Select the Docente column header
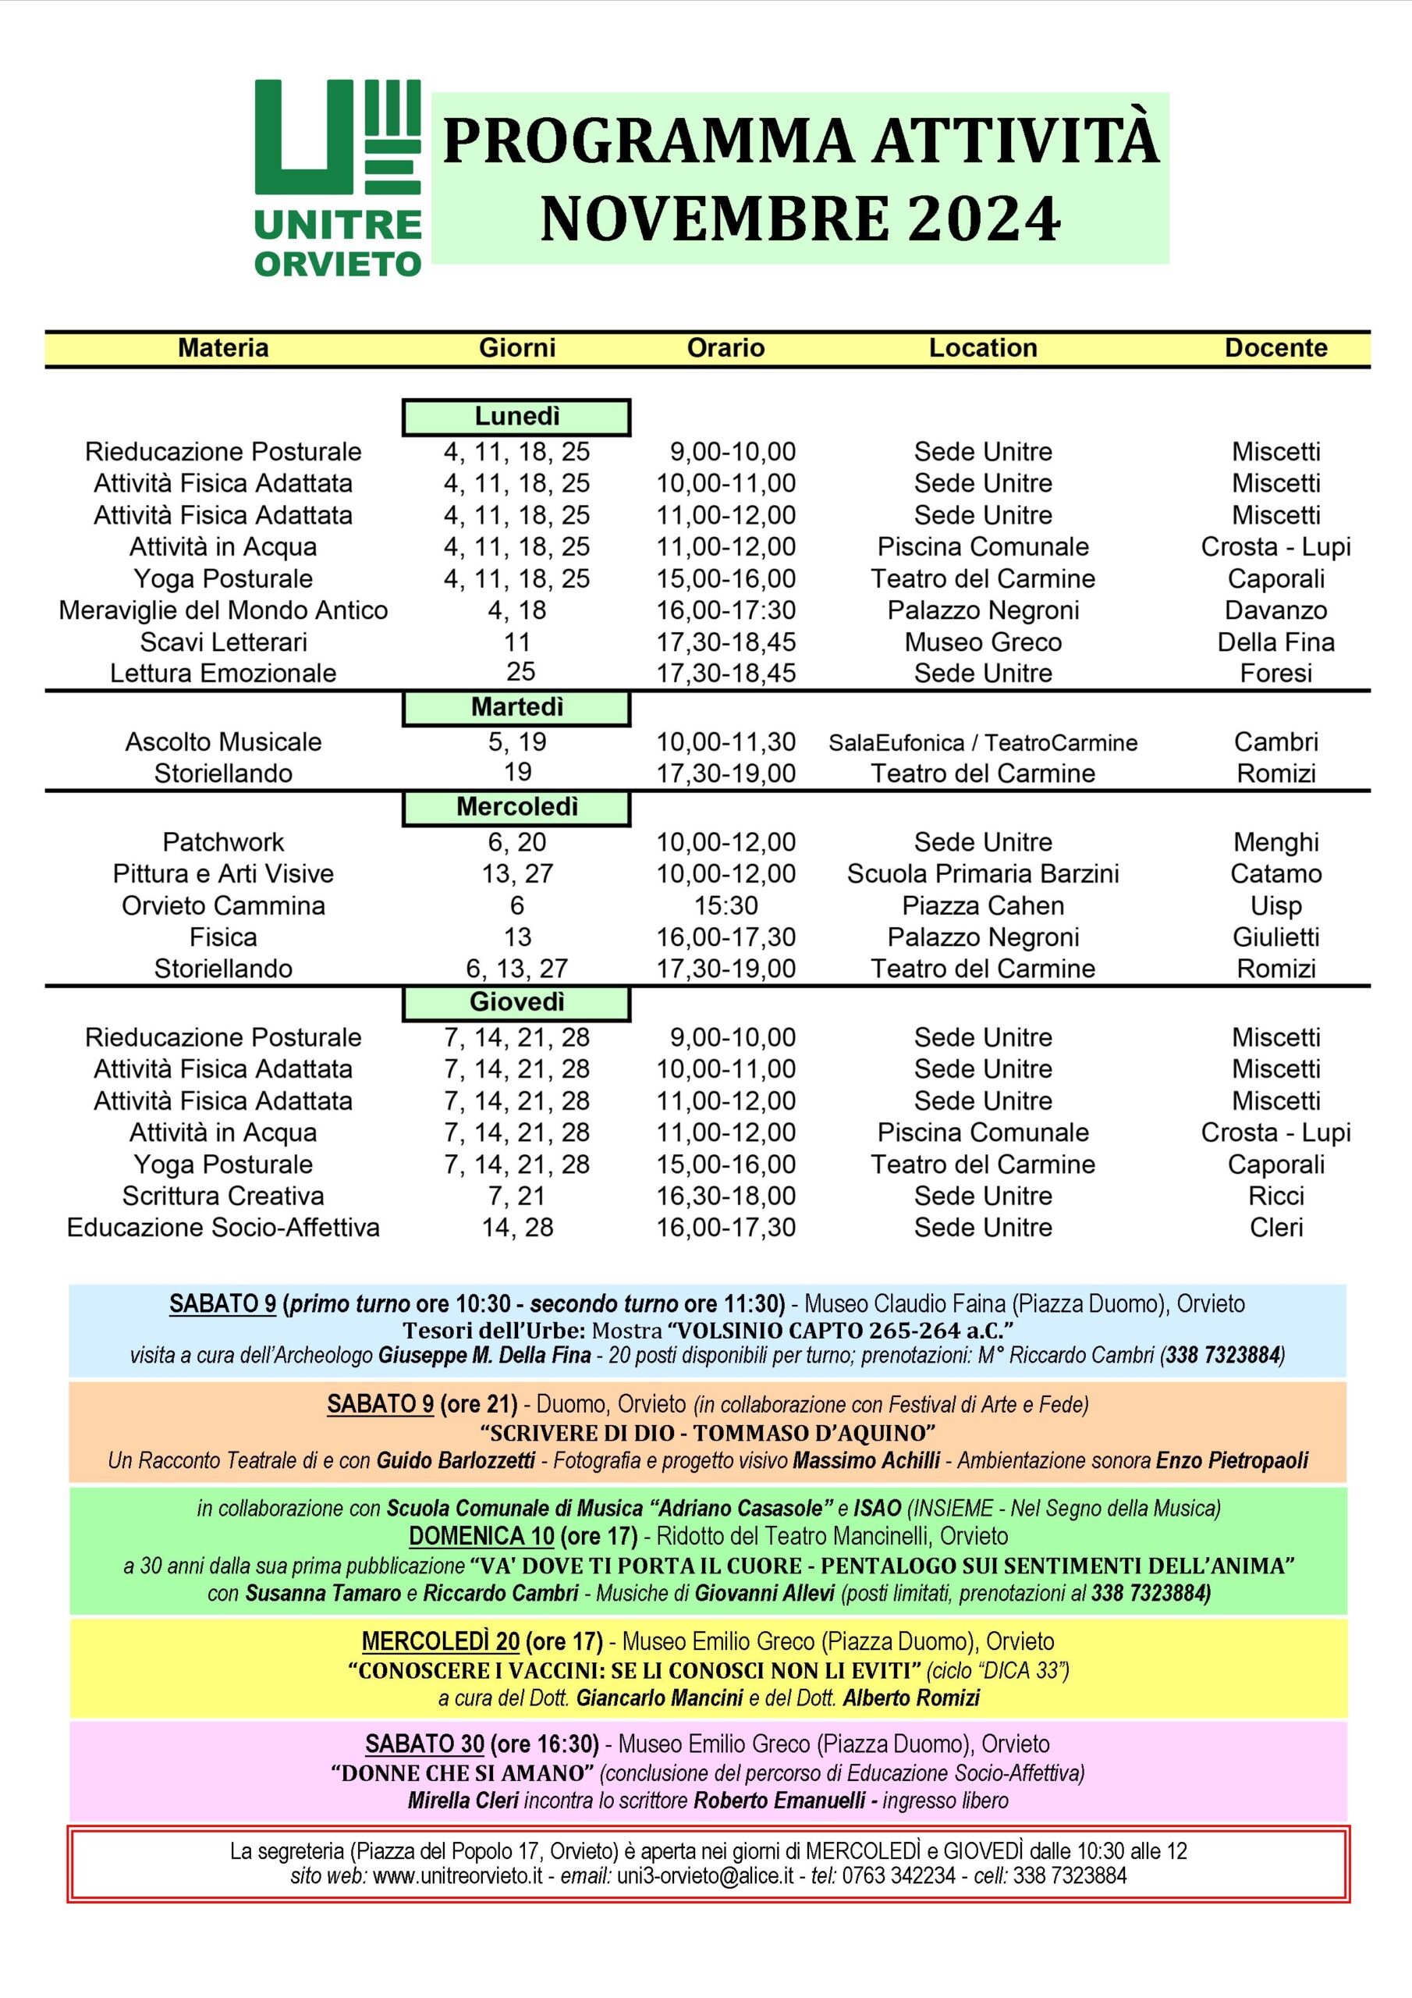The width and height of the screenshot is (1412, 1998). click(1275, 348)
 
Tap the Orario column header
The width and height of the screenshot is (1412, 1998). click(726, 348)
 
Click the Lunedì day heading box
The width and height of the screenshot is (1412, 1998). click(516, 417)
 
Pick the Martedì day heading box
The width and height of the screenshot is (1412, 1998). click(516, 707)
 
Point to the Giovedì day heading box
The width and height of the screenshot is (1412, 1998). click(516, 1002)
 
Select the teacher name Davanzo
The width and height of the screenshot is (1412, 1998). click(1275, 610)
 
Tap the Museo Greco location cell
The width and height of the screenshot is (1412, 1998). click(983, 642)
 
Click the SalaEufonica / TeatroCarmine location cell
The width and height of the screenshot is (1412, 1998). click(983, 742)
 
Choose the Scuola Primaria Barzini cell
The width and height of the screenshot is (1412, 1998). click(983, 873)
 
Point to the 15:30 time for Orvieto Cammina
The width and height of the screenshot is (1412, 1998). click(726, 906)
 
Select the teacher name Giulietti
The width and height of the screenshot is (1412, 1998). click(1275, 937)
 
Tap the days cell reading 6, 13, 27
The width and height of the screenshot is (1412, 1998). click(516, 969)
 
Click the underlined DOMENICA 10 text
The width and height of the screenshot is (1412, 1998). click(481, 1536)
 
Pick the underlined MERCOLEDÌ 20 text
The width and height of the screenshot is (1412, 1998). click(440, 1641)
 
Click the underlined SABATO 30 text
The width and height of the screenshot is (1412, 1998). click(424, 1744)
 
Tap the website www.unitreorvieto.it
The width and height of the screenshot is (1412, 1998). click(458, 1875)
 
